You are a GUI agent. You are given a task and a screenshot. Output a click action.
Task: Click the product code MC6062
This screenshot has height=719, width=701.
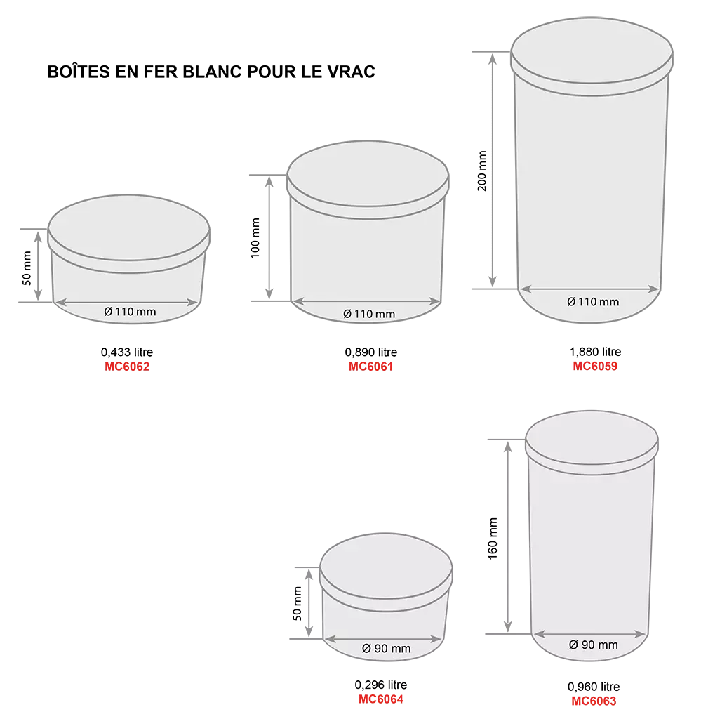[127, 367]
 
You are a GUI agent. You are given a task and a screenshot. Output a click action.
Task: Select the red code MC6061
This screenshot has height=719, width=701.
[370, 367]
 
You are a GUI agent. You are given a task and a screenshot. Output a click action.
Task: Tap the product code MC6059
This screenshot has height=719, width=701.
[595, 366]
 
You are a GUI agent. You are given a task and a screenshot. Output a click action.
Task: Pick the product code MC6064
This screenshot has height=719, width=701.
[381, 699]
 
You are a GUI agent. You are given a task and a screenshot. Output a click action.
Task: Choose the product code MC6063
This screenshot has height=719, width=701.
[594, 701]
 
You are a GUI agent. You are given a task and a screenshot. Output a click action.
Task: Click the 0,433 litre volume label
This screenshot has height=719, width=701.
[127, 352]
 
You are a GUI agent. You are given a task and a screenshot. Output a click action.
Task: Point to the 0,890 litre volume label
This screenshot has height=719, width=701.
[371, 352]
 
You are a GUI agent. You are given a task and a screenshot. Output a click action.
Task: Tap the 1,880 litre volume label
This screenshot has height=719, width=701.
[595, 352]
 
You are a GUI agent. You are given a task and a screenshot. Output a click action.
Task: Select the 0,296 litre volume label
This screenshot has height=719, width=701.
[381, 685]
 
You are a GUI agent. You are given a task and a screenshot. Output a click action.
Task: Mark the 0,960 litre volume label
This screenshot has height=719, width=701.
[594, 687]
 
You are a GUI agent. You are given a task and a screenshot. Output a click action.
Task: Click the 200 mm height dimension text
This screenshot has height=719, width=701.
[482, 171]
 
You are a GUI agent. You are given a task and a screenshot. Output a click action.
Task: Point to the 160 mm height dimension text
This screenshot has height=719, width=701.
[493, 539]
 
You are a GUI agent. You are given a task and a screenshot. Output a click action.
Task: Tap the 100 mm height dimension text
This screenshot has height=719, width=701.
[255, 237]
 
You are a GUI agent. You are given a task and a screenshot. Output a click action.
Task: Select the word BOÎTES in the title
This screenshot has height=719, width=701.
[79, 72]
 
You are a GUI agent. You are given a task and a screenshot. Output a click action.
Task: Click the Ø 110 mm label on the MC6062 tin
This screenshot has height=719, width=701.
[130, 312]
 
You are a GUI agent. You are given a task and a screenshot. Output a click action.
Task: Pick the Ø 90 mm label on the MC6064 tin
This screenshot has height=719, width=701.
[386, 648]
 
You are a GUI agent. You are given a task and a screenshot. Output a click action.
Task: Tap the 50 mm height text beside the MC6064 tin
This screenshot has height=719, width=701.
[298, 603]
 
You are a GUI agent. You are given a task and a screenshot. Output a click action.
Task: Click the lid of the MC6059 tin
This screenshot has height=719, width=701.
[592, 56]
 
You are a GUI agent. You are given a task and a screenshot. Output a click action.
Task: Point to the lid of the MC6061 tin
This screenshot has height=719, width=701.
[368, 179]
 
